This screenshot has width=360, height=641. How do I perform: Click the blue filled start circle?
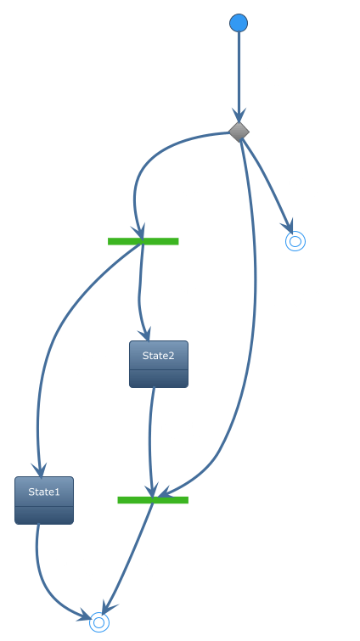pos(239,22)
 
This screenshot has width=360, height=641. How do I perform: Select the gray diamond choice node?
pos(239,132)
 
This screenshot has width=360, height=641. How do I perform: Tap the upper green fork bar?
pos(143,241)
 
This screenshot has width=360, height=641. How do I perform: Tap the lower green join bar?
pos(153,500)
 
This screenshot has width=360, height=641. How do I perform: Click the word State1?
pos(44,492)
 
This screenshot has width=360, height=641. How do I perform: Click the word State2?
pos(159,356)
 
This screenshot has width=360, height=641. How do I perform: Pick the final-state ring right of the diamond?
pos(295,241)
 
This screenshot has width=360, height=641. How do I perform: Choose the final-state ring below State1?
pos(99,622)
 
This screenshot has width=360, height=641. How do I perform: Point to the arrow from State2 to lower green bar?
pos(150,441)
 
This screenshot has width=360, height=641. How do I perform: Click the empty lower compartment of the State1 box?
pos(44,515)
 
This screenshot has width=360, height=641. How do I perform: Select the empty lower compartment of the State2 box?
pos(159,379)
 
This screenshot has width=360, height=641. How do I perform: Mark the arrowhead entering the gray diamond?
pos(239,116)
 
